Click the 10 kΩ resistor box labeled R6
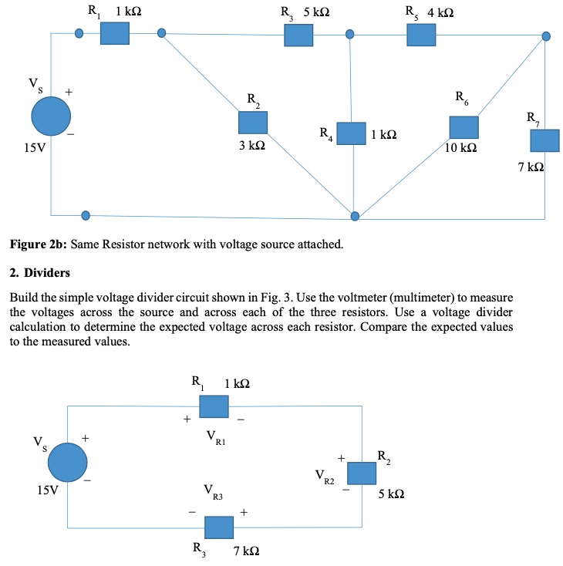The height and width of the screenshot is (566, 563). coord(464,127)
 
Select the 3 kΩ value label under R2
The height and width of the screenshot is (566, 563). coord(251,144)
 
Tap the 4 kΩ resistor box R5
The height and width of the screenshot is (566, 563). coord(421,35)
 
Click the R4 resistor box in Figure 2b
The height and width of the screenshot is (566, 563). coord(351,133)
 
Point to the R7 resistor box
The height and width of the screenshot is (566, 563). coord(544,140)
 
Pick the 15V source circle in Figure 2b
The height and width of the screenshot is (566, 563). coord(51,116)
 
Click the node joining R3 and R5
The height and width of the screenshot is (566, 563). coord(350,35)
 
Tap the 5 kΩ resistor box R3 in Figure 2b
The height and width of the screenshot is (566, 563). coord(298,35)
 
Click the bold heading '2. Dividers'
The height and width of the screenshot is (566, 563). coord(39,272)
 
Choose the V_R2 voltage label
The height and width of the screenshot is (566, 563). coord(325,477)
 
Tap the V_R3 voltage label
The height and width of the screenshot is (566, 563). coord(213,493)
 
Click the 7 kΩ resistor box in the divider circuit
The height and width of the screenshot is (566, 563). coord(218,527)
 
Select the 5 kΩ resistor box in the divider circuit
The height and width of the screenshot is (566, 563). coord(361,473)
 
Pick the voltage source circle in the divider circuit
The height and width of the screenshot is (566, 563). coord(68,463)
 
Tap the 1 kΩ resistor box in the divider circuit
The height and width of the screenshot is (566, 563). coord(214,406)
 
